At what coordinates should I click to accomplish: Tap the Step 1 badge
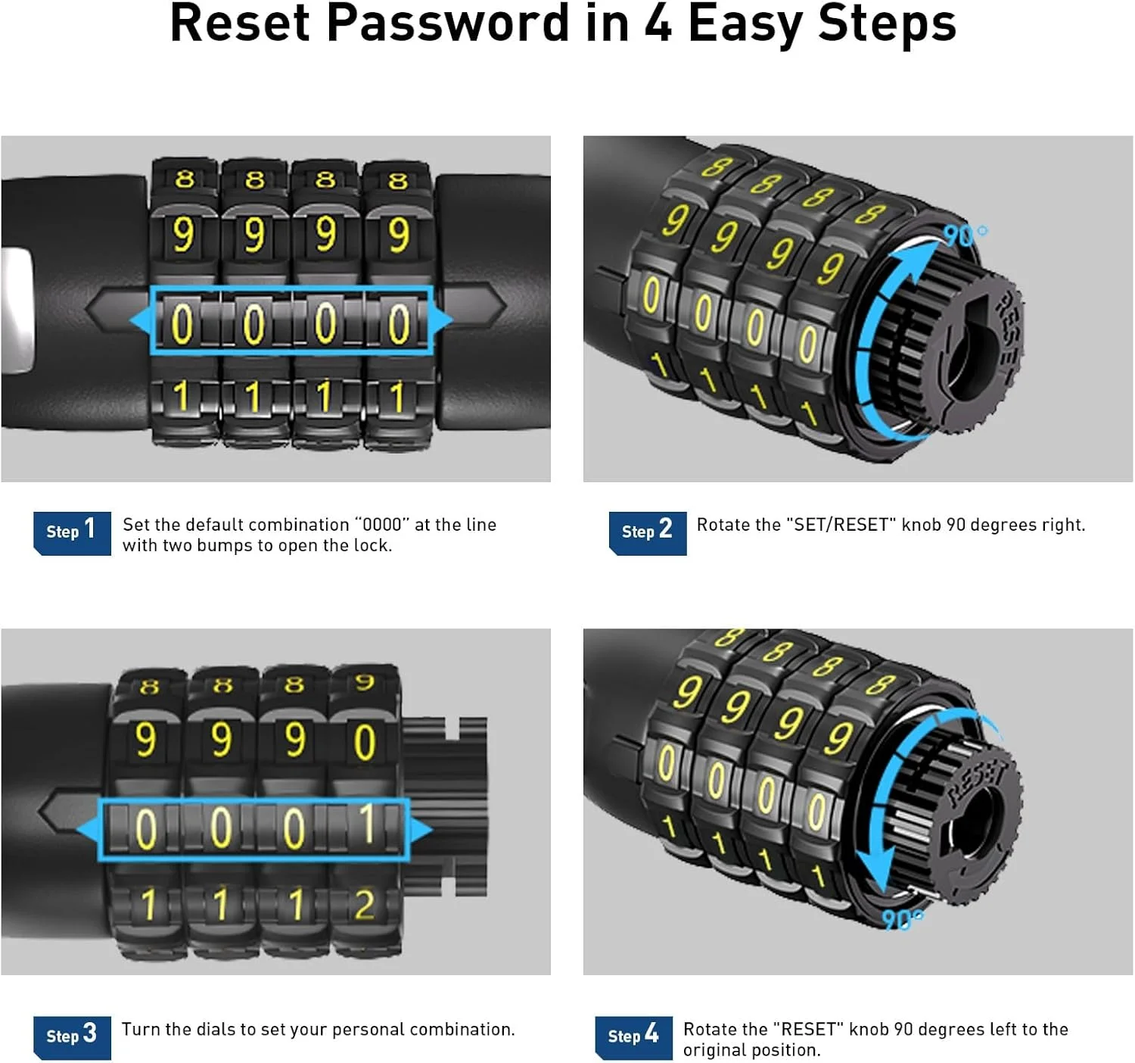(x=72, y=533)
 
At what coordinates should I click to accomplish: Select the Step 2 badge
(x=648, y=533)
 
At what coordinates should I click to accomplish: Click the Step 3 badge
(x=72, y=1037)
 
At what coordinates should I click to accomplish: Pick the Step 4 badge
(x=634, y=1037)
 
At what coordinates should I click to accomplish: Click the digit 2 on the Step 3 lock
(x=365, y=905)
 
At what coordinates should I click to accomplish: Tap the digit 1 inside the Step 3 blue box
(x=367, y=824)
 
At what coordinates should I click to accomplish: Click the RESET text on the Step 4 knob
(x=978, y=780)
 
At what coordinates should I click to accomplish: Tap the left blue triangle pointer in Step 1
(x=141, y=320)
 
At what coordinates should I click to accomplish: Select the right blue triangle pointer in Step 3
(x=421, y=830)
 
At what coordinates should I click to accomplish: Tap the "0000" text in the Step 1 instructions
(x=382, y=525)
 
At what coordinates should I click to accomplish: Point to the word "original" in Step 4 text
(x=714, y=1050)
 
